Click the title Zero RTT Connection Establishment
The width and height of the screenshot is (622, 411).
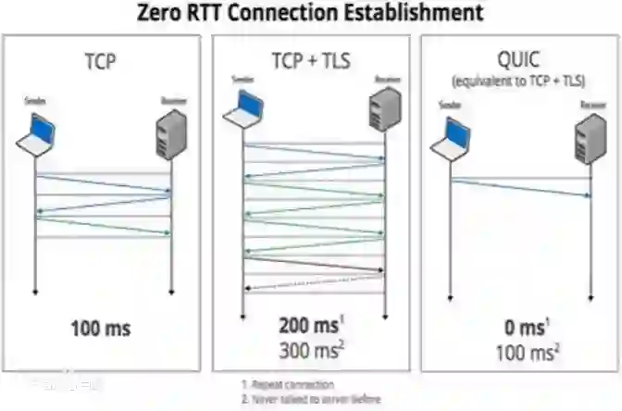pos(310,13)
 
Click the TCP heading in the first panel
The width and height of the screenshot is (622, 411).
pos(103,62)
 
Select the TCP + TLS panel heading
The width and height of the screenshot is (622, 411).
pos(310,61)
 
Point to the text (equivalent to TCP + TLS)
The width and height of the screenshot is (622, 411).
pos(518,80)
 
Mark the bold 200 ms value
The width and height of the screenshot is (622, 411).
pos(308,326)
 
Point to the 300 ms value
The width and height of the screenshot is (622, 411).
pos(309,350)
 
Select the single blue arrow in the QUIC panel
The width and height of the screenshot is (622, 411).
pos(520,188)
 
